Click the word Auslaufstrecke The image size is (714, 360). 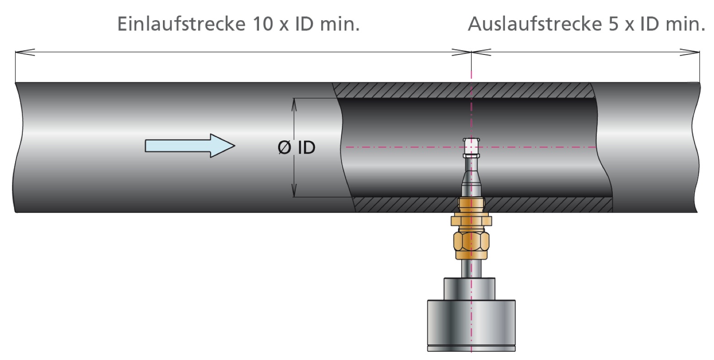point(532,24)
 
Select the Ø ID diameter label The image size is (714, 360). point(297,148)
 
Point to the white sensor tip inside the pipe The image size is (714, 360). point(471,146)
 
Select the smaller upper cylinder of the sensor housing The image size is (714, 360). point(470,288)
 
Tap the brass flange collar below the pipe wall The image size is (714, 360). point(471,221)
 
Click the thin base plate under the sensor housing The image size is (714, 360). point(471,349)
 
